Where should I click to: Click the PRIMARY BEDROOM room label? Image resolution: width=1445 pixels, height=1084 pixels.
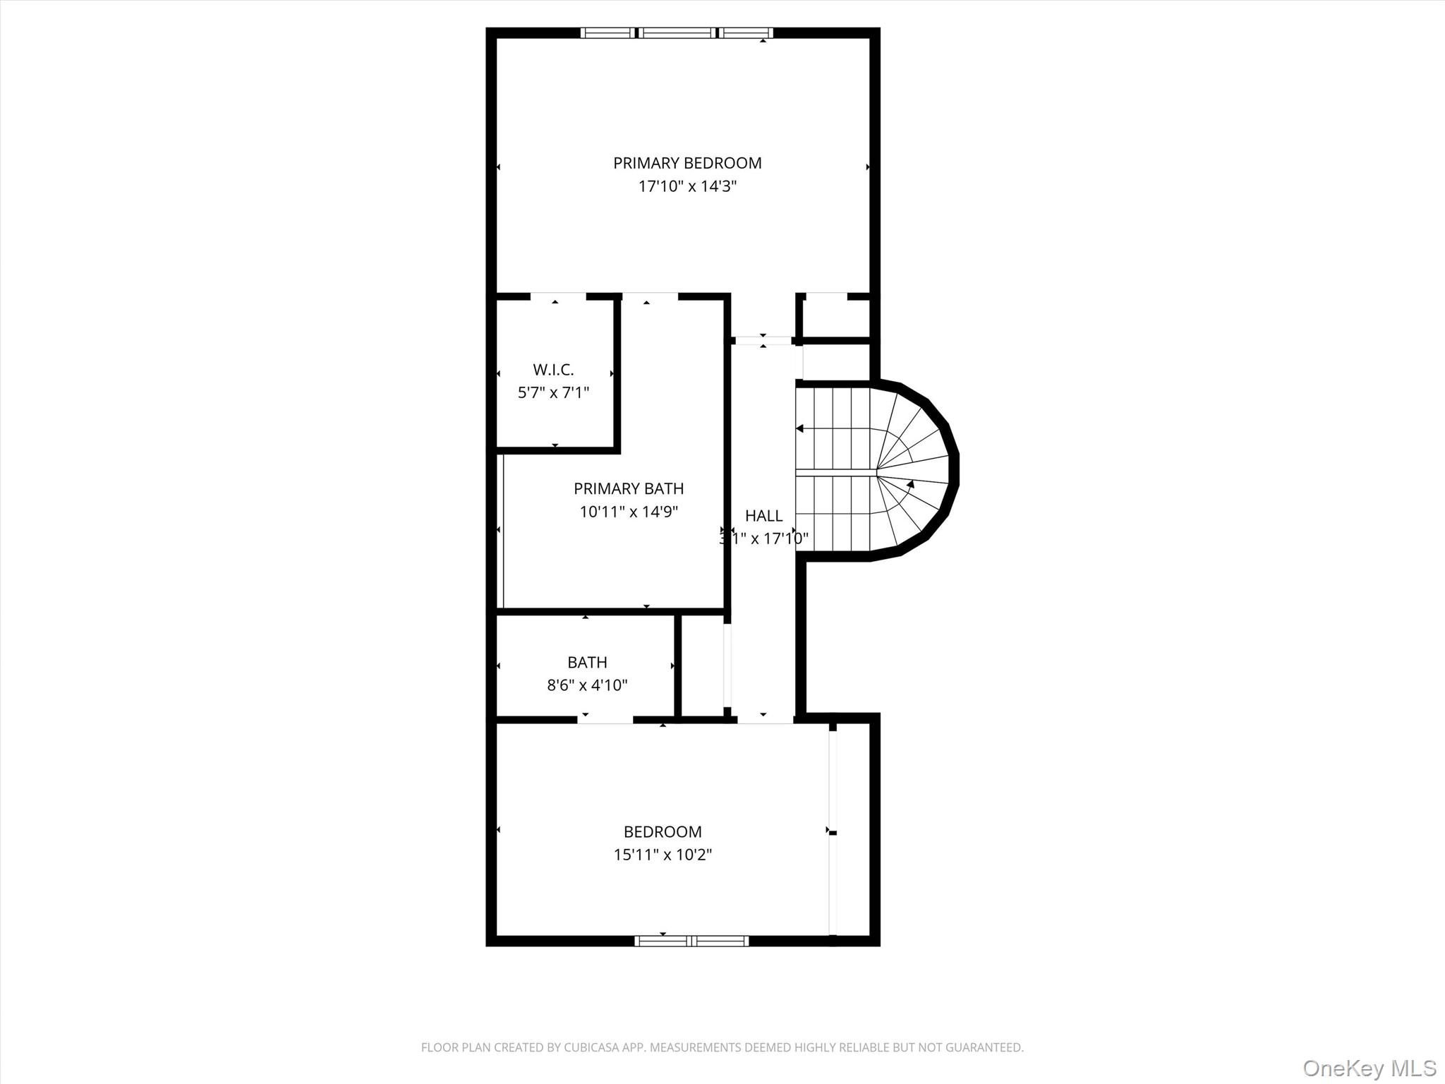coord(687,163)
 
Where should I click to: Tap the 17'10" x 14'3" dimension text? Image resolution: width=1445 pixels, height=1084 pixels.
coord(687,186)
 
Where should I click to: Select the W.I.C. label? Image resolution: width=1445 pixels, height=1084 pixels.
coord(553,369)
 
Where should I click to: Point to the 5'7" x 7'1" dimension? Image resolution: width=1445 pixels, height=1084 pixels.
coord(553,392)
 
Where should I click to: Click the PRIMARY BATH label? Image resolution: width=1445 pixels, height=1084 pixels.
coord(628,488)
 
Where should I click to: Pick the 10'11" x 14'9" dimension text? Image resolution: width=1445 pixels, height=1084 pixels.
coord(628,512)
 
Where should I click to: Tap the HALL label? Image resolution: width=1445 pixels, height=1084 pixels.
coord(763,515)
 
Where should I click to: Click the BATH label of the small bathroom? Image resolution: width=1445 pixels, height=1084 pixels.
coord(587,662)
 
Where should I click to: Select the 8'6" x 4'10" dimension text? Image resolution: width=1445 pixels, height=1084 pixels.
coord(587,685)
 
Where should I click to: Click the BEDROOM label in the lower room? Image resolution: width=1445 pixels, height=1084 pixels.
coord(663,831)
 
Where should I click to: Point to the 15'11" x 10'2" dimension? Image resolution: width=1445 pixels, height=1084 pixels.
coord(663,855)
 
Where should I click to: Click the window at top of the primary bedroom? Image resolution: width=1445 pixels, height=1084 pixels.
coord(677,32)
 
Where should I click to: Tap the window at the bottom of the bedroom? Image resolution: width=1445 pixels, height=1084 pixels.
coord(691,940)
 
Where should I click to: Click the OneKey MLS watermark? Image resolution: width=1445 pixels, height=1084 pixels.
coord(1369,1068)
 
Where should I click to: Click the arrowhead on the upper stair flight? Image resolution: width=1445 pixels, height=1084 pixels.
coord(800,428)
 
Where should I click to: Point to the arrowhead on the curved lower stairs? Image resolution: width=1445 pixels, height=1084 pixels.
coord(910,485)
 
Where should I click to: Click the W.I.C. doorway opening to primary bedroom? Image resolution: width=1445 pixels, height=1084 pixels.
coord(558,296)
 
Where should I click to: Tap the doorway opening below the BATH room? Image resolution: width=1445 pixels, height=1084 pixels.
coord(605,719)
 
